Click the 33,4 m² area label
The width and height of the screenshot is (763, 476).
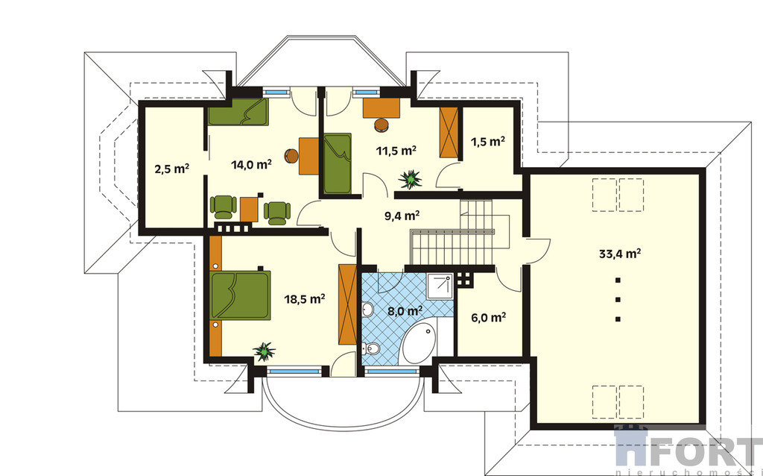[618, 254]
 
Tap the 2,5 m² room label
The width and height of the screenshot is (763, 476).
[171, 169]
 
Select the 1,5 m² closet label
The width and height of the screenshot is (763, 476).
[487, 141]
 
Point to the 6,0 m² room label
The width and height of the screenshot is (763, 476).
[488, 317]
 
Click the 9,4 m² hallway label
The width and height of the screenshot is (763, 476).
[402, 216]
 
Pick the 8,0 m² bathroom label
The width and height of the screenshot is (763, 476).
[405, 310]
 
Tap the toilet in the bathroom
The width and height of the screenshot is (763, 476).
[371, 348]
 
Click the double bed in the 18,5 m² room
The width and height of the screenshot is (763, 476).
[240, 295]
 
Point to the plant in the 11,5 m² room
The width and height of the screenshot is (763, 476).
[410, 179]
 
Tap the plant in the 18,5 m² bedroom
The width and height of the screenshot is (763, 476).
[265, 351]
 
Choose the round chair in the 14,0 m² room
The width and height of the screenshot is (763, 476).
[291, 155]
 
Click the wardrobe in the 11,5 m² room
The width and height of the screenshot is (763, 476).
[449, 132]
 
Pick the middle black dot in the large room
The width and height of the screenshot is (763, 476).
[618, 300]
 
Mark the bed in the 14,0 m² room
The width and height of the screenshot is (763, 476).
[238, 112]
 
